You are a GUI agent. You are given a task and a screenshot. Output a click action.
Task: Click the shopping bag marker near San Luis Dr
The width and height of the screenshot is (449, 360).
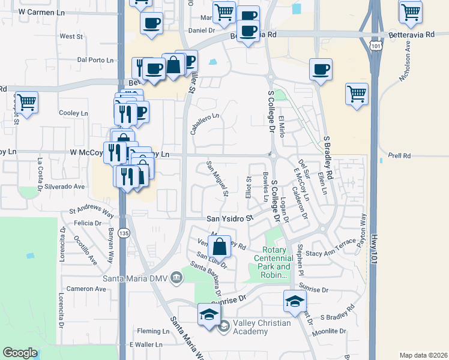(221, 247)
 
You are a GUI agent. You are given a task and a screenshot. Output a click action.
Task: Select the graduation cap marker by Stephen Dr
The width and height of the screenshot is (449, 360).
(295, 301)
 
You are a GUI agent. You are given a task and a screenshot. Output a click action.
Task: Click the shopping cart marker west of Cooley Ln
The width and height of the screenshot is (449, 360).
(27, 102)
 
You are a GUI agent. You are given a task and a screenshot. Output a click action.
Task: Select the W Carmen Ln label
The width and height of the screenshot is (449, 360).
(41, 11)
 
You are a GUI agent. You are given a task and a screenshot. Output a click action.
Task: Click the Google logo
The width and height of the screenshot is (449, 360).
(20, 353)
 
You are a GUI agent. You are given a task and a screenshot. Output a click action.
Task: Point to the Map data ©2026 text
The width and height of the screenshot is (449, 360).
(424, 355)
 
